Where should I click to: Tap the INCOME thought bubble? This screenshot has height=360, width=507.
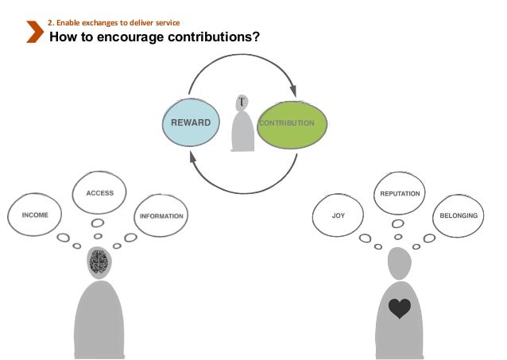(35, 215)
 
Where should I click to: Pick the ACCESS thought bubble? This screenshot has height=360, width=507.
(99, 193)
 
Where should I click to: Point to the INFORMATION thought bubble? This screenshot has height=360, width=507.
(161, 215)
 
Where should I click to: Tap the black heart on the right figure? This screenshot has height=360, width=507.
(400, 308)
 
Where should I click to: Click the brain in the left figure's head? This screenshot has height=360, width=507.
(99, 261)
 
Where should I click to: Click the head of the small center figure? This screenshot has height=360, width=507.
(242, 103)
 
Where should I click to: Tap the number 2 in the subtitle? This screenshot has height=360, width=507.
(50, 21)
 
